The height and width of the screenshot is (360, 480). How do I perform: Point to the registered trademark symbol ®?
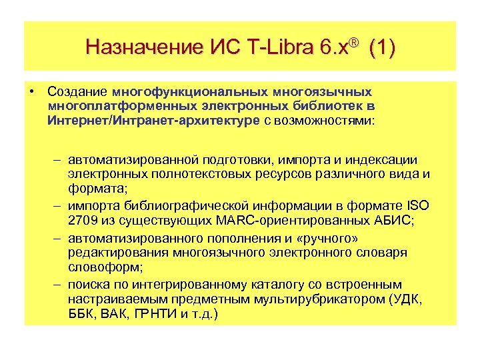click(354, 43)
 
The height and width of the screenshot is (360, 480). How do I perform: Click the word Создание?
click(78, 91)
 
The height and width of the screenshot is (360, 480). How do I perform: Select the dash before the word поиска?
click(58, 283)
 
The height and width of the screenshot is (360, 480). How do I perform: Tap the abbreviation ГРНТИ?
click(158, 313)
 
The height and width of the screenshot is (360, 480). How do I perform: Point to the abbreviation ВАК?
click(115, 313)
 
